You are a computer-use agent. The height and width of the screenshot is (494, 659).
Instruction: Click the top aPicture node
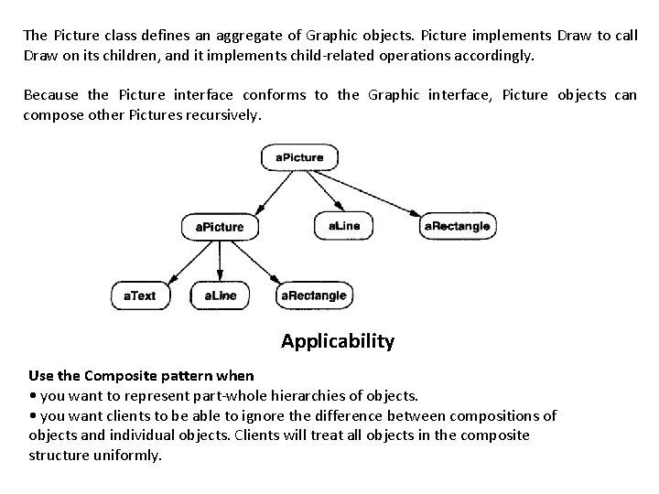pos(299,157)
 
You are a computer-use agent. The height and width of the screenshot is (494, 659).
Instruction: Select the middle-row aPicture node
pos(220,226)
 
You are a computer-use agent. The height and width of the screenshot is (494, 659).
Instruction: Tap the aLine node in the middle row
pos(344,225)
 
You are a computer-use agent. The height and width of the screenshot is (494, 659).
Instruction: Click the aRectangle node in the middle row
pos(457,225)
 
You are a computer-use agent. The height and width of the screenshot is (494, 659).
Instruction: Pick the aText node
pos(140,295)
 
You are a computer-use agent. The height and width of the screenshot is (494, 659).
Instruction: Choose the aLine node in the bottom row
pos(220,295)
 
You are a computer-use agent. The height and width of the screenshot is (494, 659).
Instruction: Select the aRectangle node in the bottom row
pos(314,295)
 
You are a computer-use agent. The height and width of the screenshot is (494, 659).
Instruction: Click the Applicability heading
pos(338,341)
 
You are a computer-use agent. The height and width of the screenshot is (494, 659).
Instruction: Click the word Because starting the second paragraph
pos(51,95)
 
